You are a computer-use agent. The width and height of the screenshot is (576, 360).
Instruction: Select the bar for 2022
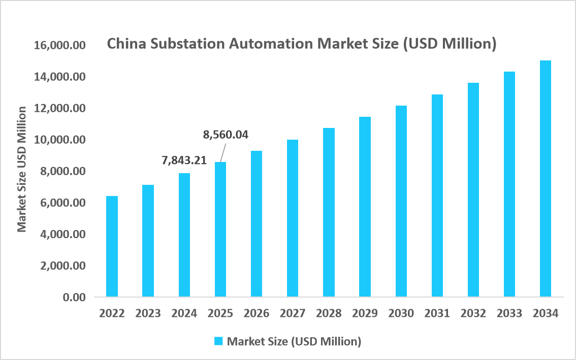click(112, 246)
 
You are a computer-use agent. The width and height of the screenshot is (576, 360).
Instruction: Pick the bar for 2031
click(437, 195)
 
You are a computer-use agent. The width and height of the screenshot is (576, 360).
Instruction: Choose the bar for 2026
click(257, 223)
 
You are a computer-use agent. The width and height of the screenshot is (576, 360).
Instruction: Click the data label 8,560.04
click(226, 135)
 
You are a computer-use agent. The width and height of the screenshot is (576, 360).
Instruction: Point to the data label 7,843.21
click(184, 160)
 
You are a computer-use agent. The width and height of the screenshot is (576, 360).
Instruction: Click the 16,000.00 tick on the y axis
click(59, 46)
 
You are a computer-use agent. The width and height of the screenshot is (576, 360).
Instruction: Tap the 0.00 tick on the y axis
click(74, 297)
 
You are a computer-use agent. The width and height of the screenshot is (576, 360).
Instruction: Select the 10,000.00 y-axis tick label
click(59, 140)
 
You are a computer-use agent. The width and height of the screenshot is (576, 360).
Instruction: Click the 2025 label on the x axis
click(220, 313)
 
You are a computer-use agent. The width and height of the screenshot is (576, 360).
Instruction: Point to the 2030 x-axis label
click(401, 313)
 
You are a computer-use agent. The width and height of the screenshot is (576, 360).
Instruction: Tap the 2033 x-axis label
click(509, 313)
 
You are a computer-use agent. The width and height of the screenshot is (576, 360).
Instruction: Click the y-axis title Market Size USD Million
click(22, 169)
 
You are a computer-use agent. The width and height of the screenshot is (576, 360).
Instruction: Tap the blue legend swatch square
click(218, 341)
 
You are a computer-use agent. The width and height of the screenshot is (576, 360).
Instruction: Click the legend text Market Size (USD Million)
click(294, 341)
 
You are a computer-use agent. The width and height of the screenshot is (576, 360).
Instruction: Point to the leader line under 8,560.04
click(223, 152)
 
